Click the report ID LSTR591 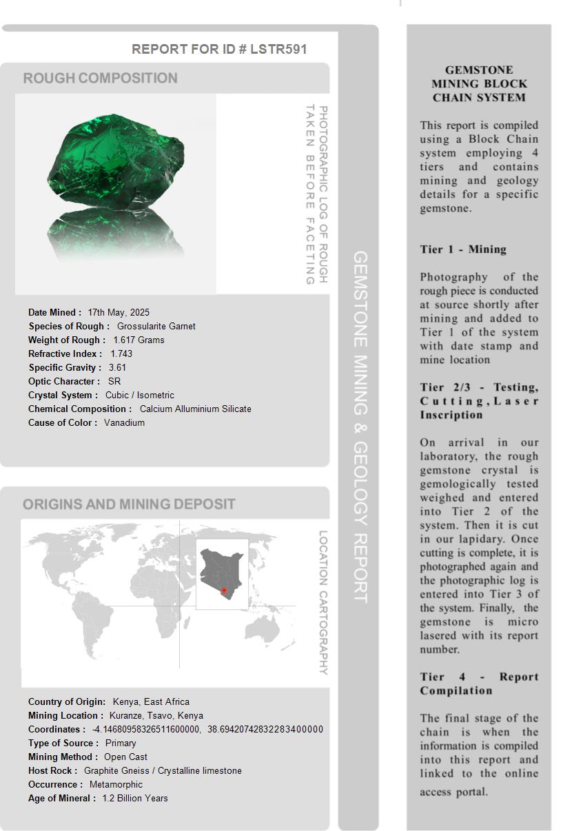coord(278,49)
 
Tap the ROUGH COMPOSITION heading coord(101,78)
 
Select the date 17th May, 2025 coord(119,312)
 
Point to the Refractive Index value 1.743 coord(121,353)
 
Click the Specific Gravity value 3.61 coord(117,367)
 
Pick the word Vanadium coord(124,422)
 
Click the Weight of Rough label coord(66,340)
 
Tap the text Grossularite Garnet coord(156,326)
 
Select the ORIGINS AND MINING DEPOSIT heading coord(129,504)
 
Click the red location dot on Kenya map coord(223,591)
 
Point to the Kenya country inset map coord(221,573)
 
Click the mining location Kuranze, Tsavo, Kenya coord(156,715)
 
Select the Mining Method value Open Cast coord(125,757)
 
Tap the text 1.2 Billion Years coord(135,798)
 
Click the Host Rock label coord(52,770)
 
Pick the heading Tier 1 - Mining coord(463,249)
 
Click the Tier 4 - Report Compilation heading coord(479,684)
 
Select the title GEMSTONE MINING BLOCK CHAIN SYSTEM coord(479,83)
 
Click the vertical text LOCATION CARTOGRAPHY coord(323,602)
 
